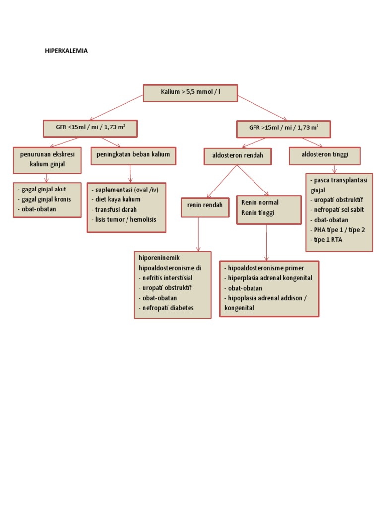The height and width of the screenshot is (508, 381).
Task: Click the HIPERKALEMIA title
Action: tap(66, 51)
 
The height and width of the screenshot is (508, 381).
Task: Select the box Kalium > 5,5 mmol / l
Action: tap(190, 93)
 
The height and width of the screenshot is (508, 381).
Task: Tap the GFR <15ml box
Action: tap(90, 128)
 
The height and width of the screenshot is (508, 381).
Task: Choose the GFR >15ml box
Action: tap(283, 128)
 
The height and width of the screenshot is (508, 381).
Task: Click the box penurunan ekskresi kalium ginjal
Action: tap(48, 159)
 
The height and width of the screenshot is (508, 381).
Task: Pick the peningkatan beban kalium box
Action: tap(133, 155)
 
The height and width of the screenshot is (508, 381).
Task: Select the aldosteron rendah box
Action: tap(238, 156)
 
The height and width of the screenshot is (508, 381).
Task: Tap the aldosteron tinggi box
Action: tap(324, 155)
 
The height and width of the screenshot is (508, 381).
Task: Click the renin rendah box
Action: tap(205, 206)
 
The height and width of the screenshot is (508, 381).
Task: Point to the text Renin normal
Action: tap(260, 203)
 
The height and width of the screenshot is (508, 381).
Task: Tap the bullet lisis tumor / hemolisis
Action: tap(124, 219)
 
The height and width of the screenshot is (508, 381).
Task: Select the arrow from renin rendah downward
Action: tap(198, 233)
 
